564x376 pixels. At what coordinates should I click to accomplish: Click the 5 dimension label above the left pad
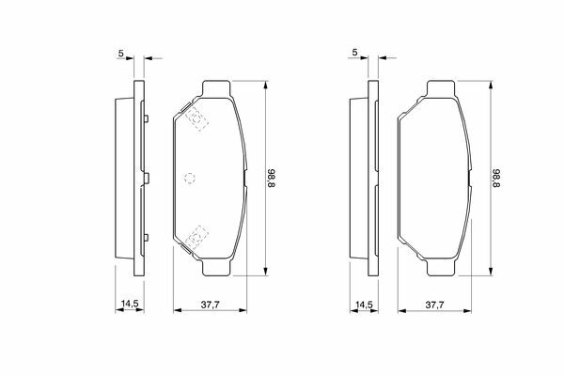pos(121,53)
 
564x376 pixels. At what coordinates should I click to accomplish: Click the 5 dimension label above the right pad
pos(355,53)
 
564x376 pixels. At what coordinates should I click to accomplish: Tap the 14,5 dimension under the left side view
pos(130,304)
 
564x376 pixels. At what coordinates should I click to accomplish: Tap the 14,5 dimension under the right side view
pos(364,305)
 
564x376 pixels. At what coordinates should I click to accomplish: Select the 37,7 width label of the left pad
pos(210,305)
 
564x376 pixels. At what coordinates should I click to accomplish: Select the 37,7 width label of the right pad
pos(435,305)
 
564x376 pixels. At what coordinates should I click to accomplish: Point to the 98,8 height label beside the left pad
pos(272,178)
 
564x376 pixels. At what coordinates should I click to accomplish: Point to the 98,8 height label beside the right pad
pos(496,178)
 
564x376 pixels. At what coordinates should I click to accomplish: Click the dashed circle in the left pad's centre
pos(190,178)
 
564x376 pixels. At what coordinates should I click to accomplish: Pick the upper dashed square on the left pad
pos(196,118)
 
